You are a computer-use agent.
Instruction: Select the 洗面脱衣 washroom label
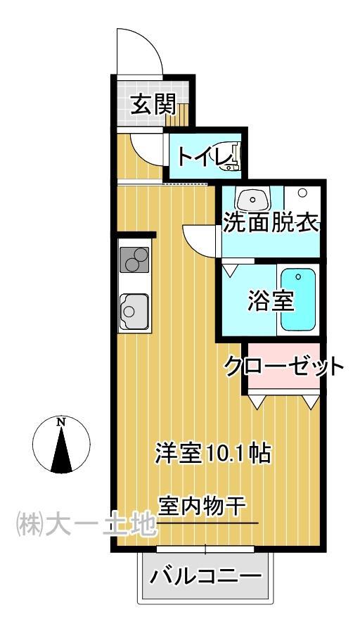(271, 223)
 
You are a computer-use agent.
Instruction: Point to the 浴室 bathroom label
(270, 300)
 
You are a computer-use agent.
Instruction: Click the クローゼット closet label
(284, 367)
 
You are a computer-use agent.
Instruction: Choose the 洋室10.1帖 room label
(214, 452)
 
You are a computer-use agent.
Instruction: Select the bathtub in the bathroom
(298, 300)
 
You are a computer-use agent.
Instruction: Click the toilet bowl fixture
(235, 156)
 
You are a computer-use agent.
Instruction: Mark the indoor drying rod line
(208, 523)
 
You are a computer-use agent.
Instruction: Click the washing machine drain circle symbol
(302, 192)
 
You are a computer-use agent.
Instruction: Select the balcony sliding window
(205, 548)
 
